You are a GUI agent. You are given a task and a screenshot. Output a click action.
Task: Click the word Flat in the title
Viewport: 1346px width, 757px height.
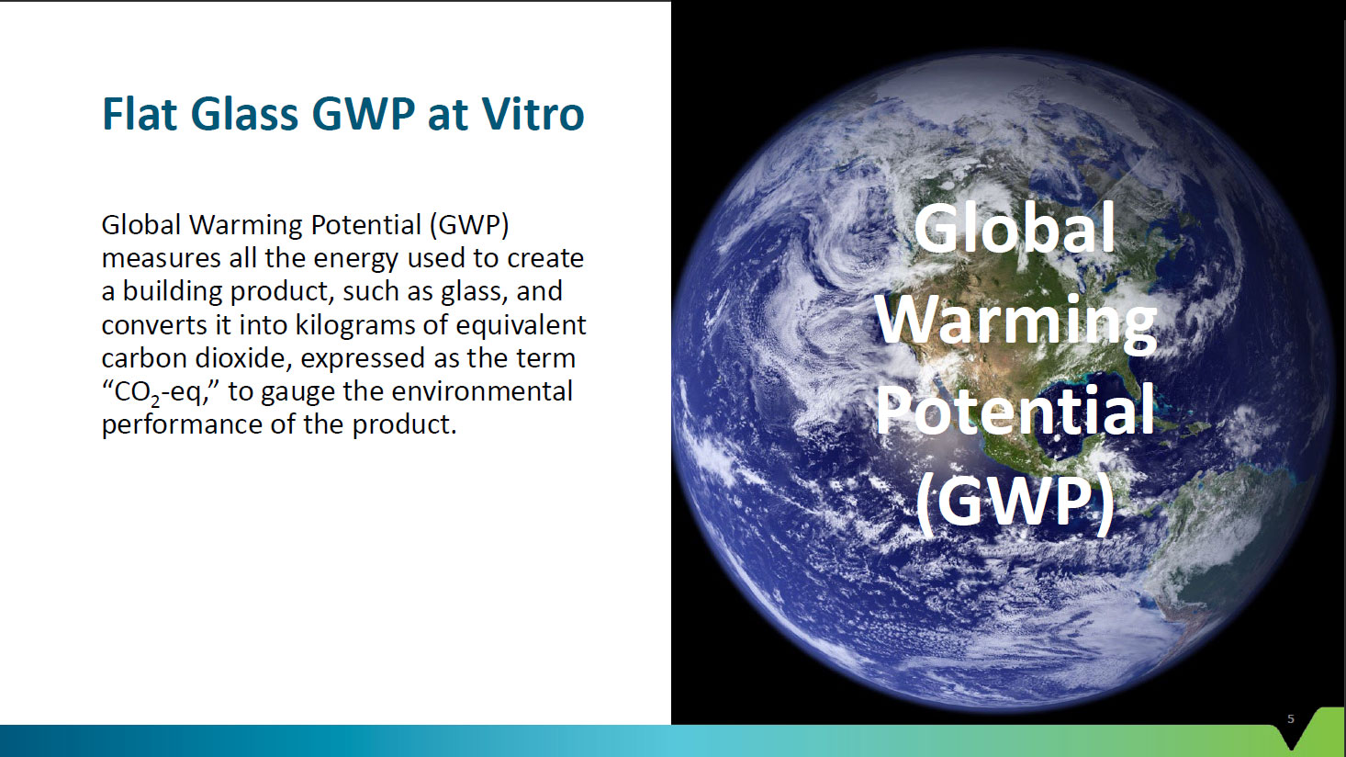click(140, 113)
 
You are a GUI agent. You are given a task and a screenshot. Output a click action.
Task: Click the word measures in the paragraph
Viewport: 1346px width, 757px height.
click(161, 258)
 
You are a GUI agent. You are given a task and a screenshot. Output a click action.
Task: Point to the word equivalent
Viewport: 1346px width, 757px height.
click(521, 325)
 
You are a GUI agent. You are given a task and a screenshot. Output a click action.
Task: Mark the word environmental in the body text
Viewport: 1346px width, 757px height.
click(482, 391)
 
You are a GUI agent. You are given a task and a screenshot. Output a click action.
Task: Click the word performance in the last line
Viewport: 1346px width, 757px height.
click(182, 425)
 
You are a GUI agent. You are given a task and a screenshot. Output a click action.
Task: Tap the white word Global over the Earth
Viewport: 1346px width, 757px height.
click(1015, 228)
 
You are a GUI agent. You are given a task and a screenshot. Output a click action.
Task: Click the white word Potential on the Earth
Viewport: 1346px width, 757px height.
click(1015, 410)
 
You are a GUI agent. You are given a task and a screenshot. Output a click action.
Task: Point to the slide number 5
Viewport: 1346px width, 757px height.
click(1291, 718)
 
